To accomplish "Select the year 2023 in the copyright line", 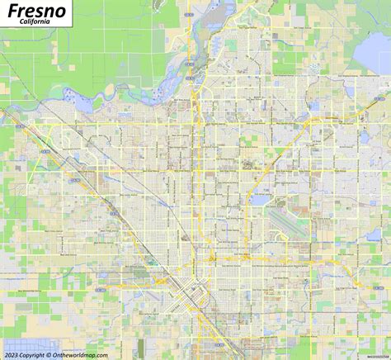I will [12, 353].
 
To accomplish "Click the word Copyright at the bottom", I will [36, 353].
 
